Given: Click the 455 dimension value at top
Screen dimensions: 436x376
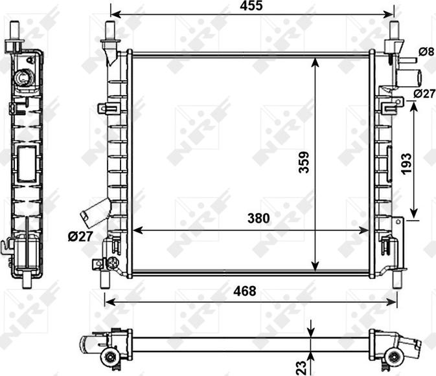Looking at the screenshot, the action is pos(251,6).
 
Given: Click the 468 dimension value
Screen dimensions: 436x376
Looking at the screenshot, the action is pos(245,291).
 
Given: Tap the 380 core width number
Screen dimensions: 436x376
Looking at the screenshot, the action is pos(258,218).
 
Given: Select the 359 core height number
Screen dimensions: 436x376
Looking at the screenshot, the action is pos(304,162).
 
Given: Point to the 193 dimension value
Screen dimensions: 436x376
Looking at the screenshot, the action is pos(406,164).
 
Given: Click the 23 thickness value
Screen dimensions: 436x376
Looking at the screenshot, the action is pos(301,367).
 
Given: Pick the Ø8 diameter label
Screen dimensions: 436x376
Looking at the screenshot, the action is pos(426,52).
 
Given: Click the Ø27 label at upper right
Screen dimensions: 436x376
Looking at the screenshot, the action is pos(424,94).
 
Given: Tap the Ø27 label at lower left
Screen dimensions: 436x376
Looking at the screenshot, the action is pos(80,236).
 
